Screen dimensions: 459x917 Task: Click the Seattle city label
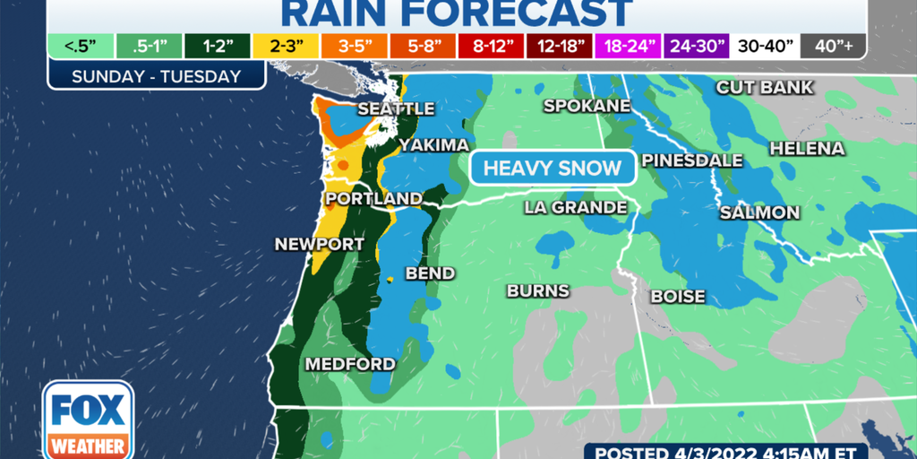[x=396, y=108]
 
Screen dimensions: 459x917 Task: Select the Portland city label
[x=373, y=198]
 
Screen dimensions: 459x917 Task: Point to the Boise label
[x=678, y=296]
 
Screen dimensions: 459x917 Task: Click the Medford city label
[x=350, y=364]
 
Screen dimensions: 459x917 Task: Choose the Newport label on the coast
[x=320, y=244]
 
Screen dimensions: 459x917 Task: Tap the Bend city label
[x=430, y=273]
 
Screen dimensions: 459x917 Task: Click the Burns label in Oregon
[x=537, y=290]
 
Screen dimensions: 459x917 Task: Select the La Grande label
[x=575, y=208]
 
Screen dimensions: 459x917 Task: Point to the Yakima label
[x=434, y=145]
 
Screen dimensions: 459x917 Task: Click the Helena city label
[x=807, y=148]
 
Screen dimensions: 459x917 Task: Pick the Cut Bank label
[x=764, y=87]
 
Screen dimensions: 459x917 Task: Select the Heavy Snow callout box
[x=553, y=168]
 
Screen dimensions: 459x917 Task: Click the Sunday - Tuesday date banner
[x=157, y=75]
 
